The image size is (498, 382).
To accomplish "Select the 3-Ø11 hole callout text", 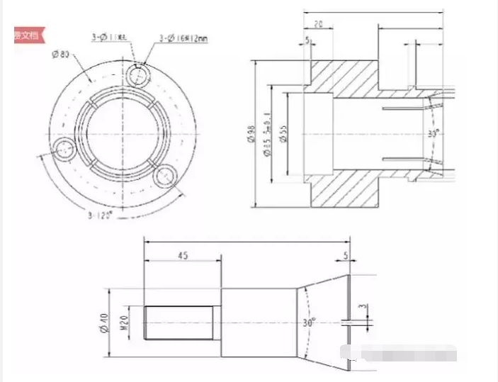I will pyautogui.click(x=108, y=37).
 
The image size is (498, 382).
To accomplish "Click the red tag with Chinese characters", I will pyautogui.click(x=29, y=35).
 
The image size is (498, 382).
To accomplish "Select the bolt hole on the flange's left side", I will pyautogui.click(x=67, y=149).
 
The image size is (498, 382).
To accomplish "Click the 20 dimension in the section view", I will pyautogui.click(x=319, y=23).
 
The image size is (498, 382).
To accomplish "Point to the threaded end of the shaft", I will pyautogui.click(x=179, y=322).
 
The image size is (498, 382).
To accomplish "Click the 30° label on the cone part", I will pyautogui.click(x=310, y=322).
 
